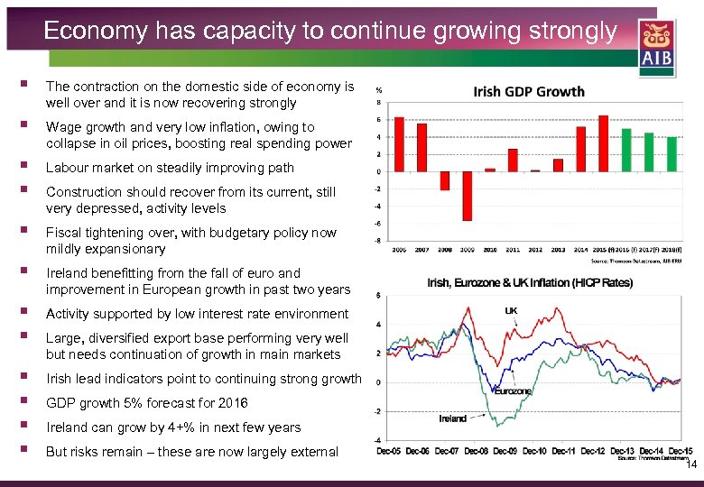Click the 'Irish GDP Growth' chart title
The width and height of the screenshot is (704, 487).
point(529,91)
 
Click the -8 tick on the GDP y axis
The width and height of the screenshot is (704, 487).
point(378,240)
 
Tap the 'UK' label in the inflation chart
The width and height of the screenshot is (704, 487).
point(512,309)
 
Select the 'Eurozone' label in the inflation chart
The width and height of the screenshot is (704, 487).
point(512,391)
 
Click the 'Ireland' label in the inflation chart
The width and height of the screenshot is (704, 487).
point(453,418)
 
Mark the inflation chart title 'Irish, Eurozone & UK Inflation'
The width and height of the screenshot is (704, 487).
point(530,282)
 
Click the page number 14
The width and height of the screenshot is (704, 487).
point(691,464)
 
